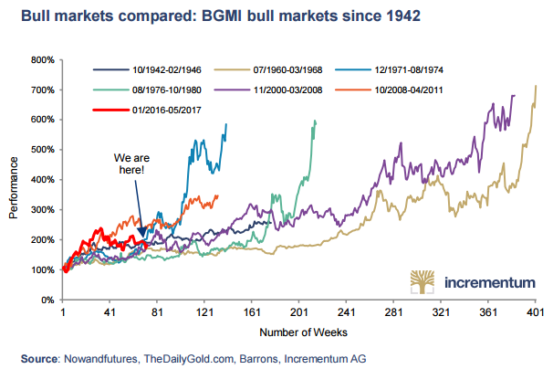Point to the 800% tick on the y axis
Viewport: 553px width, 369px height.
click(x=42, y=60)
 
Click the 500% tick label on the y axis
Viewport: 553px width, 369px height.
click(x=42, y=150)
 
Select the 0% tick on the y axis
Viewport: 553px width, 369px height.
click(x=47, y=300)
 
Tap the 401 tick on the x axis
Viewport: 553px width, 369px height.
click(x=535, y=312)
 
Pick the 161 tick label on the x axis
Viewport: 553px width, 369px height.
click(x=252, y=312)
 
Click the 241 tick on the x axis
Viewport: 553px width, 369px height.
click(x=346, y=312)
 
